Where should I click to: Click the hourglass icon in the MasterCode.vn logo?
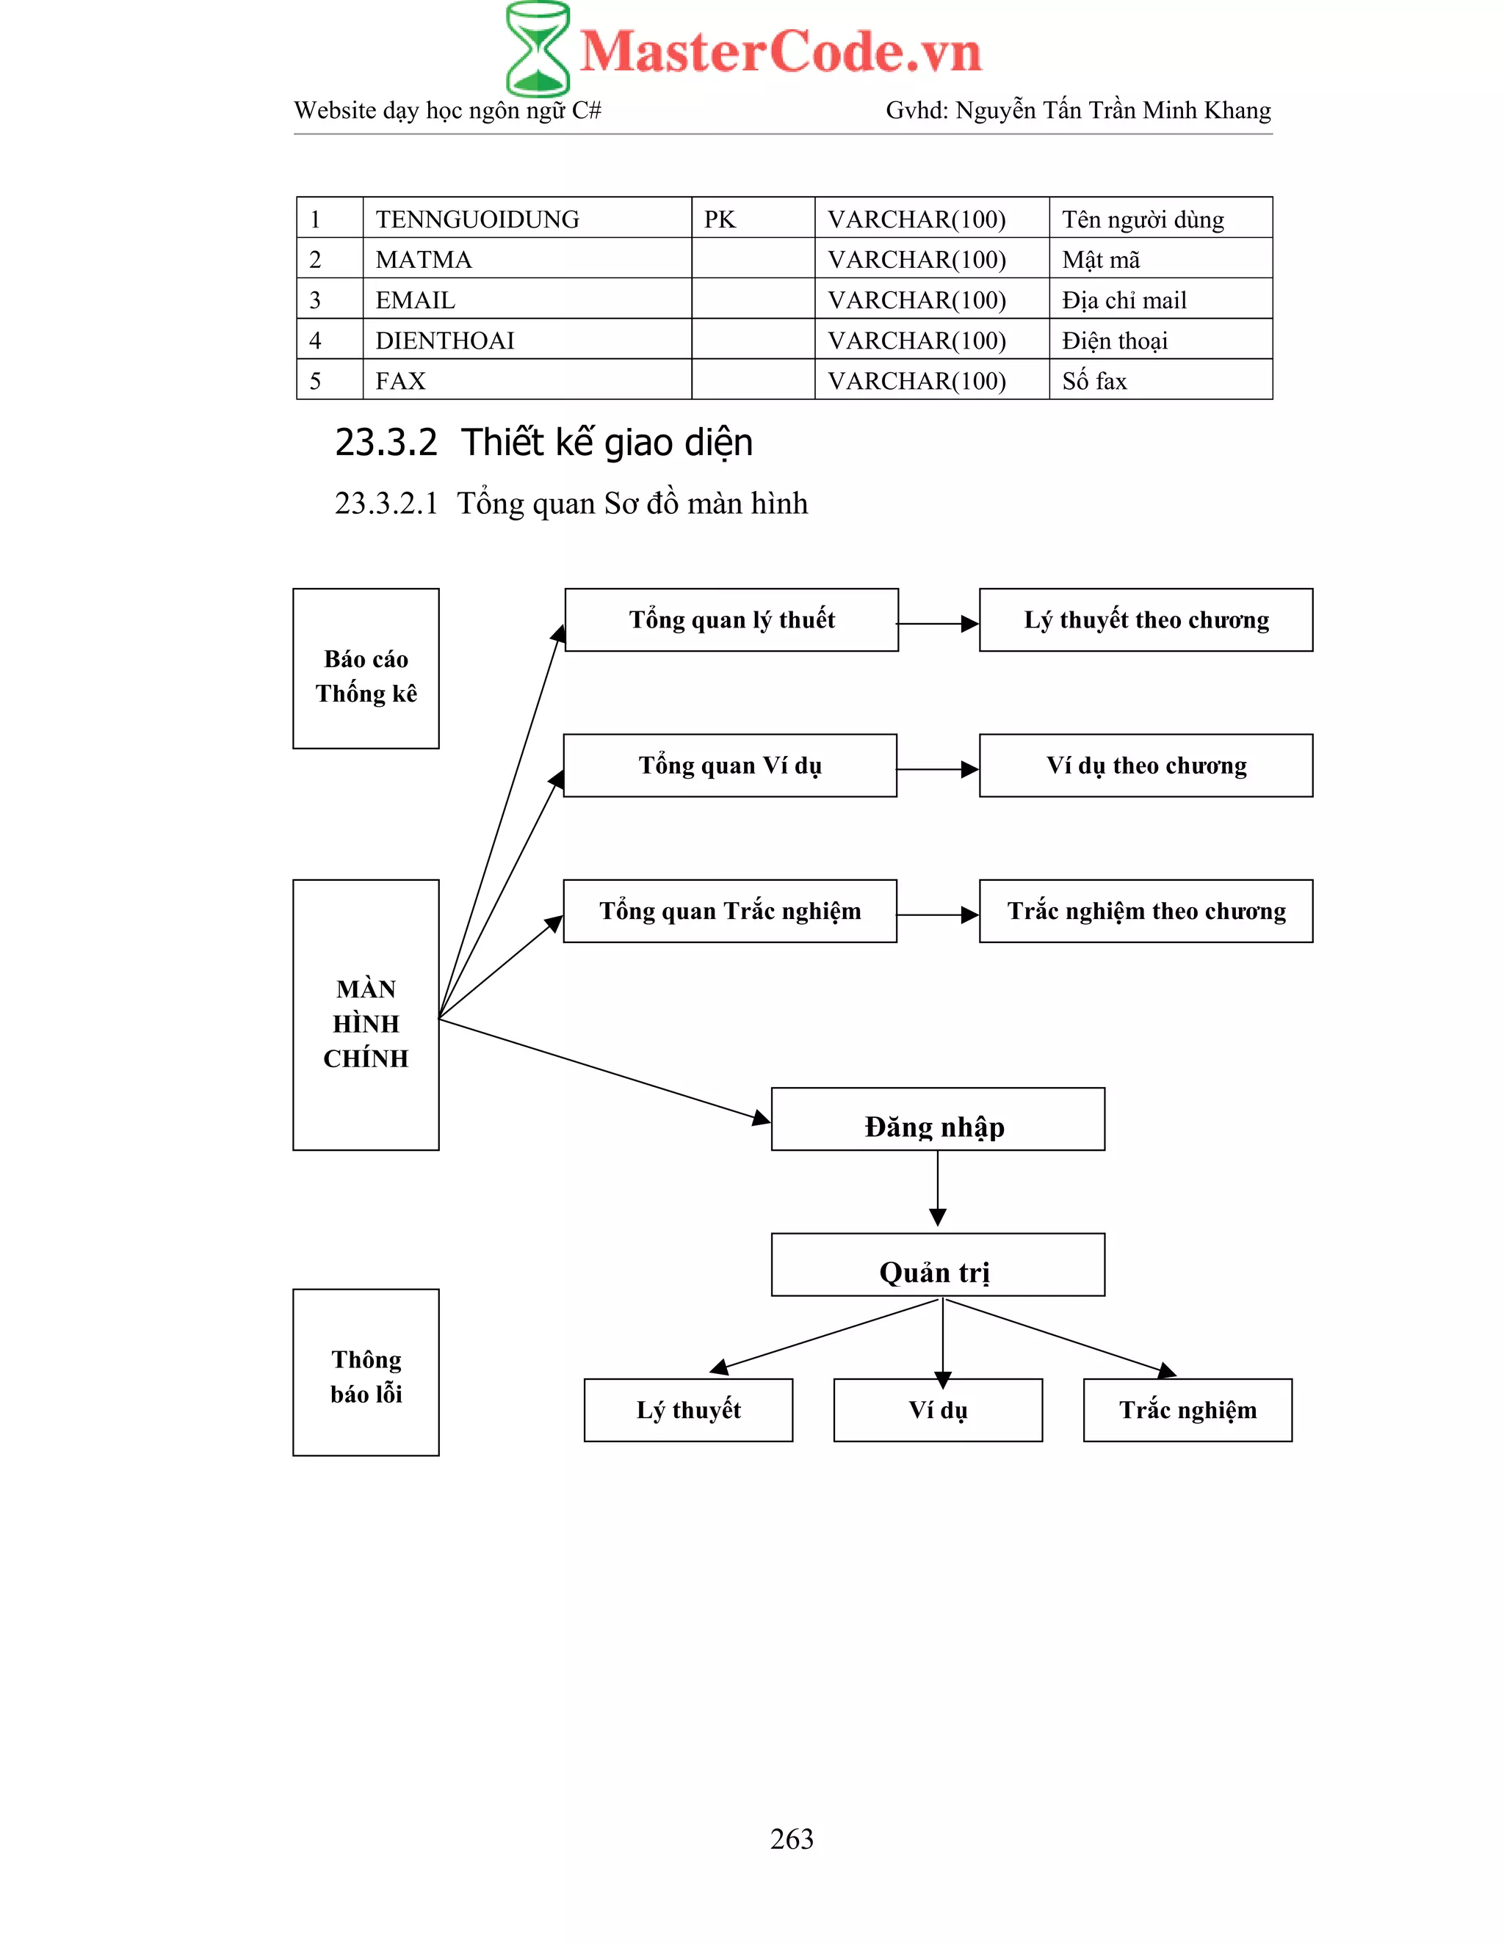538,49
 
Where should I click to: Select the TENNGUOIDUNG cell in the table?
477,219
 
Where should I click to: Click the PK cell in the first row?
720,219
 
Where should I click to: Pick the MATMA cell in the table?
424,259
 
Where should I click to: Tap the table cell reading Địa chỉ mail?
1124,300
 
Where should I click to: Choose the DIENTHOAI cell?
444,341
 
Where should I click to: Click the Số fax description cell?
1094,381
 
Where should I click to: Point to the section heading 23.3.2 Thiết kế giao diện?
543,443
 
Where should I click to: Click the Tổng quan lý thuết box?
731,620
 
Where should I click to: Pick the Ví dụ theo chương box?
1146,765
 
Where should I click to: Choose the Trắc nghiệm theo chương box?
1146,911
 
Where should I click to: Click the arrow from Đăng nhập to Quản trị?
937,1190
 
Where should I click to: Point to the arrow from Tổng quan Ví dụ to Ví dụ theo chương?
937,769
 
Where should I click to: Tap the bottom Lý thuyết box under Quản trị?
688,1410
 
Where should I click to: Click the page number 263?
791,1839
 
